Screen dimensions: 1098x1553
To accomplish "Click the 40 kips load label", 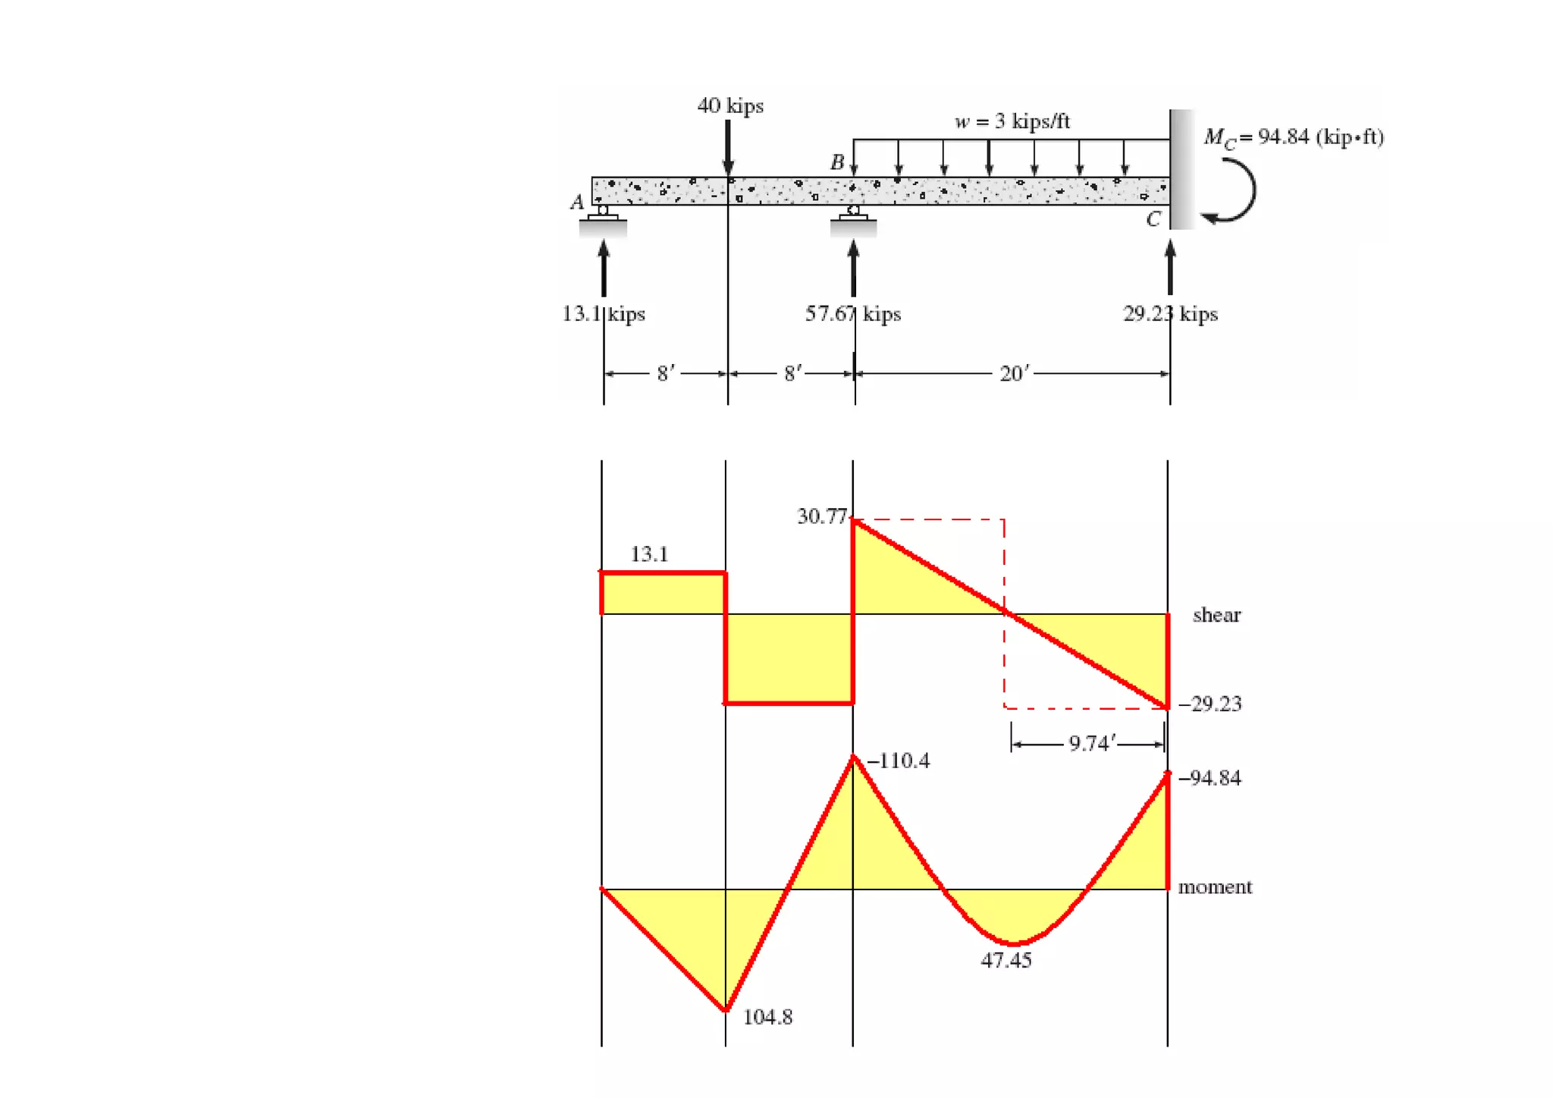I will pyautogui.click(x=729, y=105).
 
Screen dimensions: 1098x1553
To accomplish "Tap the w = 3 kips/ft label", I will pyautogui.click(x=1012, y=121).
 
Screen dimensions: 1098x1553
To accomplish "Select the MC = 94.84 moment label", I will pyautogui.click(x=1294, y=137).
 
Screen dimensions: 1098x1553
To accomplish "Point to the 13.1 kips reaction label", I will pyautogui.click(x=604, y=313).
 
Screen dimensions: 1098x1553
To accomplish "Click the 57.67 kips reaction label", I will pyautogui.click(x=852, y=313).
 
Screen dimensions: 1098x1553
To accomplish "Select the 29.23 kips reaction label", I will pyautogui.click(x=1170, y=313).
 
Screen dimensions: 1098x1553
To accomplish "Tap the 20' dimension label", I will pyautogui.click(x=1014, y=373).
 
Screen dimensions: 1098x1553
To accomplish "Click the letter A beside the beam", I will pyautogui.click(x=577, y=202).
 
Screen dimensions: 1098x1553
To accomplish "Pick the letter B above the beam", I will pyautogui.click(x=837, y=162).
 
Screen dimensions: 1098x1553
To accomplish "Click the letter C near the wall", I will pyautogui.click(x=1153, y=219).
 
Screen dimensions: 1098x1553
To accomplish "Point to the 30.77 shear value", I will pyautogui.click(x=821, y=516).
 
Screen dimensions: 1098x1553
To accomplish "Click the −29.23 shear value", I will pyautogui.click(x=1210, y=704).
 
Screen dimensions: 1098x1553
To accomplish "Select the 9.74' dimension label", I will pyautogui.click(x=1091, y=743).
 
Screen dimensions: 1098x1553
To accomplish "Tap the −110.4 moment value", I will pyautogui.click(x=899, y=761).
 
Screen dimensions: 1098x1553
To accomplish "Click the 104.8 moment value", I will pyautogui.click(x=767, y=1017).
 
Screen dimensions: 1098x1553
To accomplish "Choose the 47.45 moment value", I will pyautogui.click(x=1006, y=960).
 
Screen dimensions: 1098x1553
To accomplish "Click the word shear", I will pyautogui.click(x=1216, y=615).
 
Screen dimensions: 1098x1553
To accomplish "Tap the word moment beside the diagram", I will pyautogui.click(x=1215, y=887).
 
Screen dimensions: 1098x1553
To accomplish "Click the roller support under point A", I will pyautogui.click(x=603, y=215).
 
